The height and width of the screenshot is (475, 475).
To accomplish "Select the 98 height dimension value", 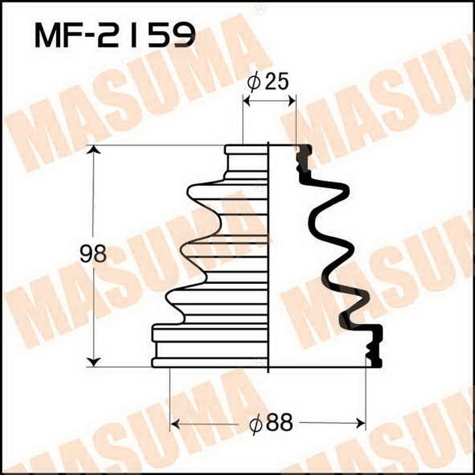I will tap(93, 254).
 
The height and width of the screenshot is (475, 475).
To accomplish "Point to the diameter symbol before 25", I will tap(254, 84).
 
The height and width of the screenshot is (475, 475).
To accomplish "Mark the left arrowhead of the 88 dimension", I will tap(175, 423).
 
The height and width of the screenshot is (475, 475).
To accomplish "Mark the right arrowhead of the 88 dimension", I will tap(360, 423).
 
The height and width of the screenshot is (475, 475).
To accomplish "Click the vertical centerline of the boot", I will tap(269, 255).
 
